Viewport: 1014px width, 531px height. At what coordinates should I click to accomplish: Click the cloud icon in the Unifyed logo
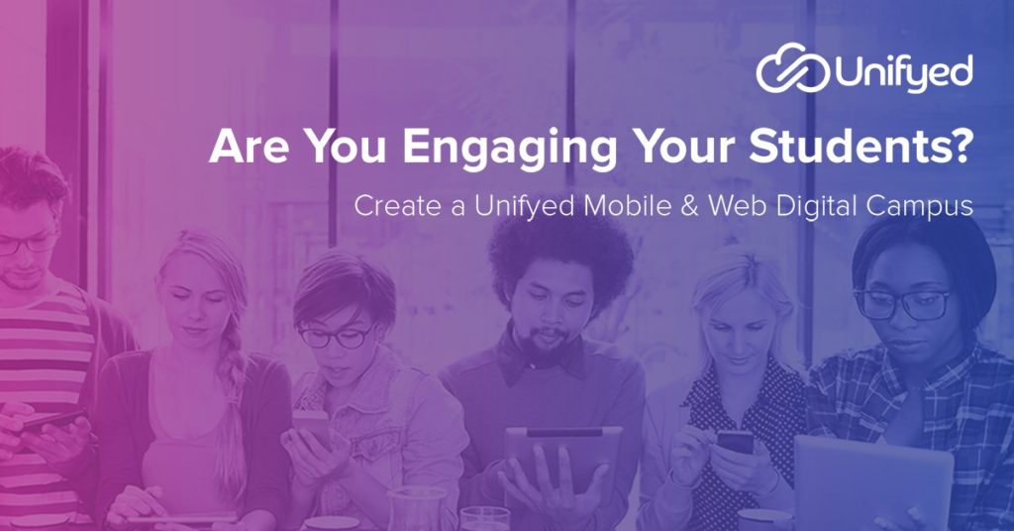[x=793, y=67]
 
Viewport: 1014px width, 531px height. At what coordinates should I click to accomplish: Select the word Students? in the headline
[x=861, y=146]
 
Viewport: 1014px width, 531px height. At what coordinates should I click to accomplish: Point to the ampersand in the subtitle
[x=689, y=206]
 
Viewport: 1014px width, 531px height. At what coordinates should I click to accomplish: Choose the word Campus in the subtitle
[x=920, y=207]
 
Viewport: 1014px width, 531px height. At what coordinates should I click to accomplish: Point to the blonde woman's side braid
[x=231, y=401]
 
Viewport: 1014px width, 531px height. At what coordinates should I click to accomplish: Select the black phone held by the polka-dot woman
[x=735, y=443]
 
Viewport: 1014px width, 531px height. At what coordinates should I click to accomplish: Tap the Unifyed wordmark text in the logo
[x=904, y=72]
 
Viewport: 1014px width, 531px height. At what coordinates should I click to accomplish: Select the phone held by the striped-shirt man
[x=49, y=420]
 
